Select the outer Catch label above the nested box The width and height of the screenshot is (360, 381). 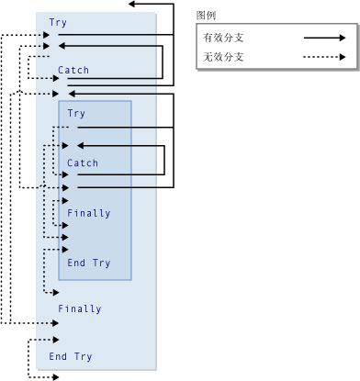click(x=73, y=70)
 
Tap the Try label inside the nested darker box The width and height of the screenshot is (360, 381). click(x=76, y=114)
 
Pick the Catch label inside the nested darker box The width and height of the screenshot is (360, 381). click(x=83, y=163)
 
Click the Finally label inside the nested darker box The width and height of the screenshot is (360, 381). click(x=88, y=213)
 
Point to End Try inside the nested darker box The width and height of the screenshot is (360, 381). click(x=88, y=263)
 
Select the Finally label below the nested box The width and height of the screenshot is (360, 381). click(x=79, y=308)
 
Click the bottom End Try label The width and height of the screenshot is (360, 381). click(x=71, y=356)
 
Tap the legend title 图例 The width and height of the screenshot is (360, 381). click(x=206, y=16)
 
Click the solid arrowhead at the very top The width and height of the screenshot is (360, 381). click(x=134, y=5)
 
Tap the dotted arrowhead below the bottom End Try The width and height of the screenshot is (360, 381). click(x=55, y=376)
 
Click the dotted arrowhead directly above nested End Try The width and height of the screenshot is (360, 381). click(x=63, y=249)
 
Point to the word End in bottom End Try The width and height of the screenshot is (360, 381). click(x=58, y=356)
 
